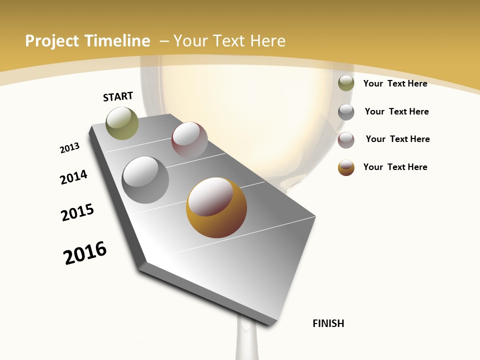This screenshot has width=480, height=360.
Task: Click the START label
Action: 118,96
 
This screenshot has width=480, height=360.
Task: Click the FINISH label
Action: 328,323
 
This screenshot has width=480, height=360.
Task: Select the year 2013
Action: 69,148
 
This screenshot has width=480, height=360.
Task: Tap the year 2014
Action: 74,177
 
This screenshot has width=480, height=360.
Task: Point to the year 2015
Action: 77,212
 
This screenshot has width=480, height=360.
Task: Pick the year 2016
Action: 85,252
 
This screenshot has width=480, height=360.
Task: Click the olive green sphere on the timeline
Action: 122,123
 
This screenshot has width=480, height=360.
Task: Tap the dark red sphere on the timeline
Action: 189,140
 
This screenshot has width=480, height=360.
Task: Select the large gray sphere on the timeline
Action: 145,180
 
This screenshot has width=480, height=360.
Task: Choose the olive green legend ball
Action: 346,83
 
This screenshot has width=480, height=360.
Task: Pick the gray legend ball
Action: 346,111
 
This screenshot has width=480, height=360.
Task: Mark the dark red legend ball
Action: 346,139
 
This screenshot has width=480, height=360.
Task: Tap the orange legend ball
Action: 346,167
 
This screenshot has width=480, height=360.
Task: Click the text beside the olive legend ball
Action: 395,83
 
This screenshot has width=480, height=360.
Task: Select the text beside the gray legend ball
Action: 396,111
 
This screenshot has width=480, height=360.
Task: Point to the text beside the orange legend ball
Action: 395,167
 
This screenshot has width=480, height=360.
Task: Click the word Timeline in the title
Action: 118,41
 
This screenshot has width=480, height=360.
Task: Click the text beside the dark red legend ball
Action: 397,139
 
